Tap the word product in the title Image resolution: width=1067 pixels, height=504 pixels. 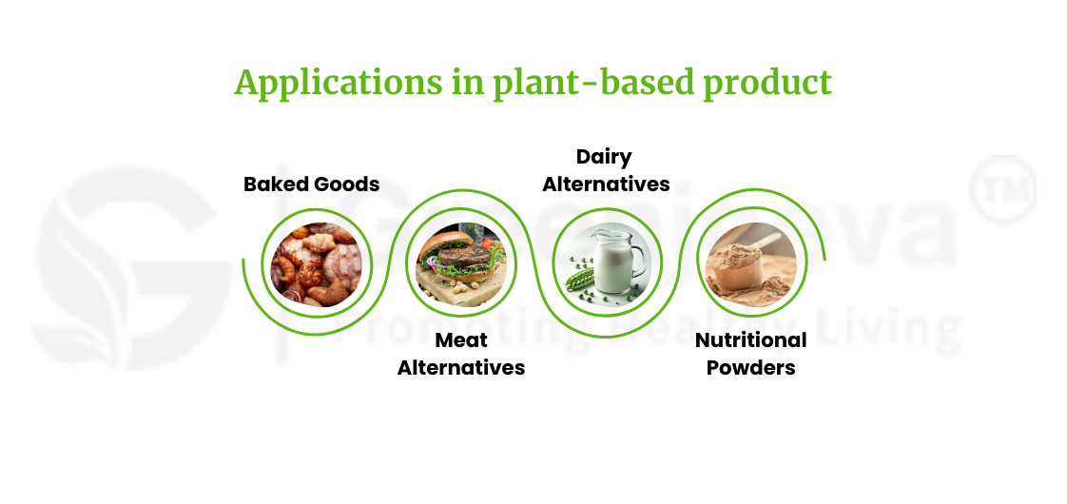(767, 83)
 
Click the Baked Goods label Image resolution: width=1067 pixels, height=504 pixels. (311, 184)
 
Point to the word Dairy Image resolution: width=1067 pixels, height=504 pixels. (604, 156)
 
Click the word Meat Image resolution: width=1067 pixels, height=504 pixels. (461, 339)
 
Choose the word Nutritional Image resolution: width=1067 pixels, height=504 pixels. (750, 339)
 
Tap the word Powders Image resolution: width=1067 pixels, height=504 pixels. (750, 367)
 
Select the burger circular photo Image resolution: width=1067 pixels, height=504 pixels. (461, 263)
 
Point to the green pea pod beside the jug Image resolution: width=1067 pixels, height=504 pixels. (581, 280)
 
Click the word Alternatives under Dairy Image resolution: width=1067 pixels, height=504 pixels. (606, 184)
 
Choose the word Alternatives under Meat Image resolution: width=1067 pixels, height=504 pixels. (461, 367)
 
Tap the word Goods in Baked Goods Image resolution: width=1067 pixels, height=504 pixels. (346, 184)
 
